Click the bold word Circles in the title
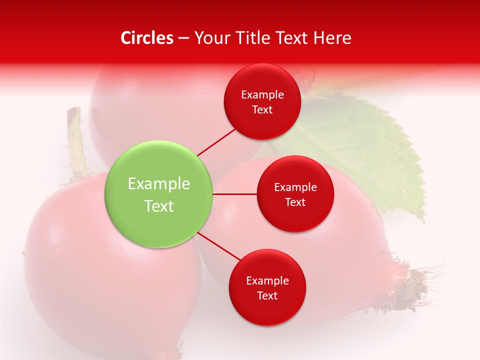(x=147, y=38)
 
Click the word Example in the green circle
(x=159, y=184)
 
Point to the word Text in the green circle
(x=159, y=206)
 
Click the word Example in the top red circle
(x=262, y=95)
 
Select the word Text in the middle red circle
(x=295, y=202)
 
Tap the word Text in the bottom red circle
(x=267, y=295)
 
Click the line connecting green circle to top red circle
(x=216, y=142)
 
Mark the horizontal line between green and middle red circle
(x=234, y=194)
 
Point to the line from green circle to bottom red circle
(x=219, y=246)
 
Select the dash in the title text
(x=183, y=38)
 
